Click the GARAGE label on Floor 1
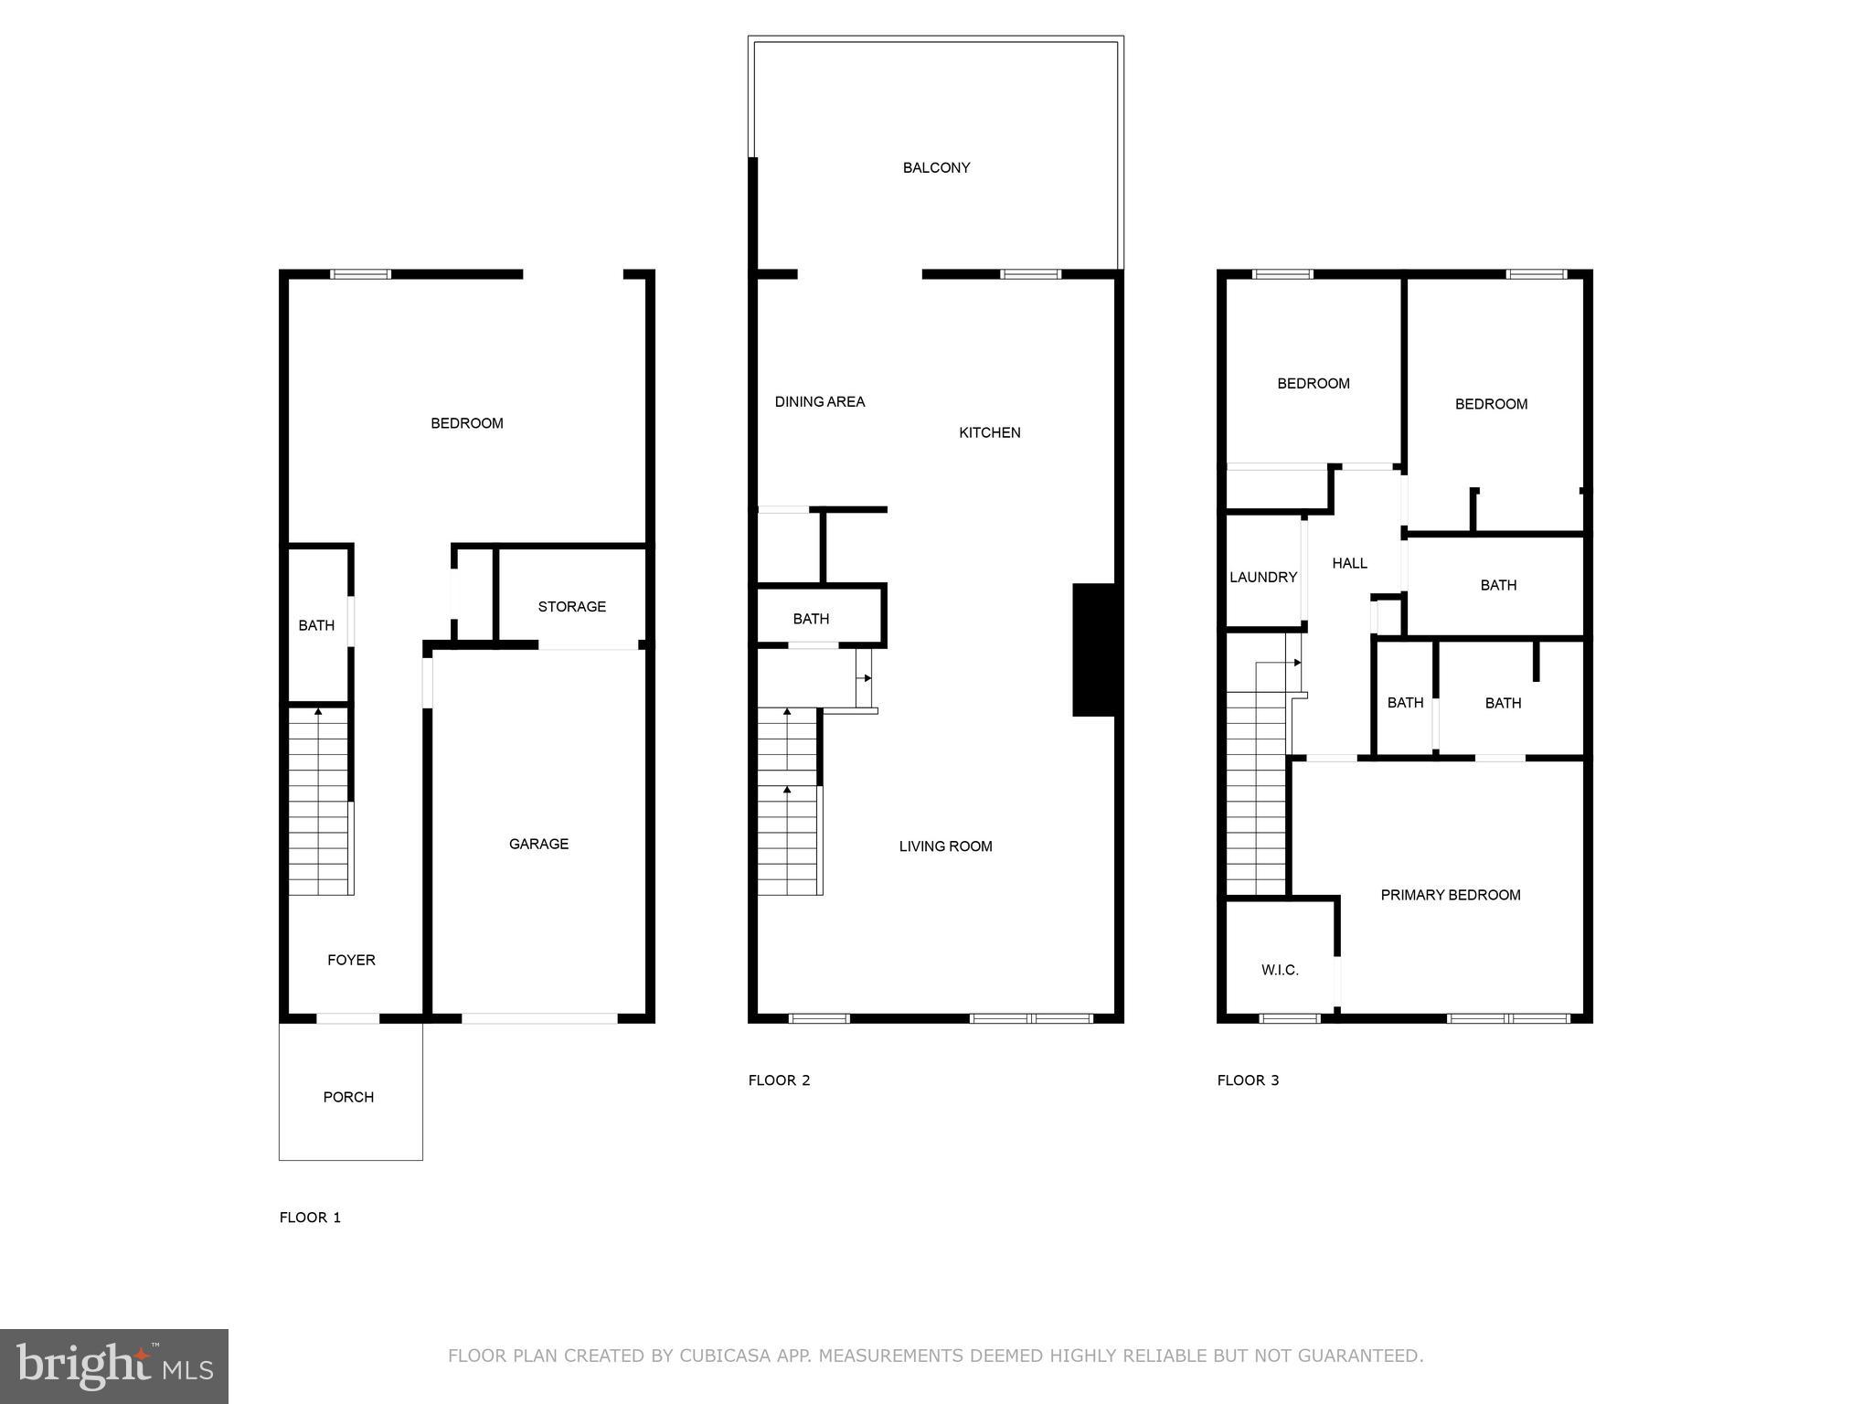tap(538, 844)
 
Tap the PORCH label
tap(348, 1097)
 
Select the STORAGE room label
tap(571, 607)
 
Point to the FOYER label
tap(351, 960)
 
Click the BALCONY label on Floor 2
tap(936, 167)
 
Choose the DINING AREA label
tap(819, 401)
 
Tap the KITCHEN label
tap(989, 432)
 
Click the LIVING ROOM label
tap(945, 846)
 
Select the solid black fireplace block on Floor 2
tap(1094, 650)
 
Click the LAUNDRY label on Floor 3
tap(1262, 577)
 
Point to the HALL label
tap(1349, 563)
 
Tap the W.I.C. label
tap(1280, 970)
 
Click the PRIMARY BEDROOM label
tap(1450, 895)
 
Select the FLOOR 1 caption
tap(310, 1217)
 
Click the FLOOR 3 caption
tap(1248, 1080)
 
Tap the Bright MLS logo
tap(114, 1366)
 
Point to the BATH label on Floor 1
tap(316, 625)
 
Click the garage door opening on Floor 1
tap(539, 1017)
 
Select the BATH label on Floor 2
tap(811, 619)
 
